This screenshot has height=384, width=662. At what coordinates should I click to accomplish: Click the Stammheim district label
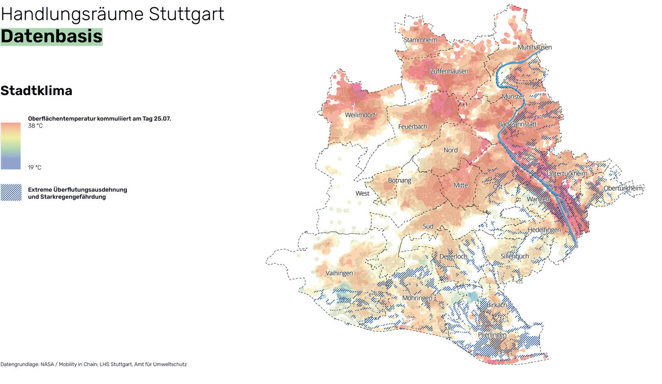point(421,40)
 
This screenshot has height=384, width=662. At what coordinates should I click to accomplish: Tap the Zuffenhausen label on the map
point(449,71)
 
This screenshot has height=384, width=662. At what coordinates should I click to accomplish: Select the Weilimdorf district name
point(360,115)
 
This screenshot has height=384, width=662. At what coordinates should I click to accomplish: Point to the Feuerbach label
point(412,127)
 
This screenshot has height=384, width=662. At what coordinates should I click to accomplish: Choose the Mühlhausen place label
point(534,47)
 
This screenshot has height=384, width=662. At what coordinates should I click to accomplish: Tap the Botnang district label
point(399,181)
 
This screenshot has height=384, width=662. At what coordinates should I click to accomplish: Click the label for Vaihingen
point(339,274)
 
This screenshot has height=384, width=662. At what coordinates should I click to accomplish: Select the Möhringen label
point(417,298)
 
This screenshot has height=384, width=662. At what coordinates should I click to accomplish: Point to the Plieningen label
point(492,335)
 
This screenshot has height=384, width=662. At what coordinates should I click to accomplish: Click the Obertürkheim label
point(623,188)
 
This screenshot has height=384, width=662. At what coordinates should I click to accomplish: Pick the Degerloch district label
point(453,257)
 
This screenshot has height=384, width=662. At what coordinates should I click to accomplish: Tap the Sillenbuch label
point(514,256)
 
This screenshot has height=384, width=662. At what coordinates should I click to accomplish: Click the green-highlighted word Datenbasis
point(51,37)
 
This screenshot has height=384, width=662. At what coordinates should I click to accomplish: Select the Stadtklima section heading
point(36,91)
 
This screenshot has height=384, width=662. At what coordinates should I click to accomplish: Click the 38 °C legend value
point(35,126)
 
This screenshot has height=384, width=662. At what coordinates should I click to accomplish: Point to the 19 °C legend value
point(35,167)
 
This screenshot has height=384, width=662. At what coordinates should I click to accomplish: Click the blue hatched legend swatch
point(11,193)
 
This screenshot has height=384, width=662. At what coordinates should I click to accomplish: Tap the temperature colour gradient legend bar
point(11,146)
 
